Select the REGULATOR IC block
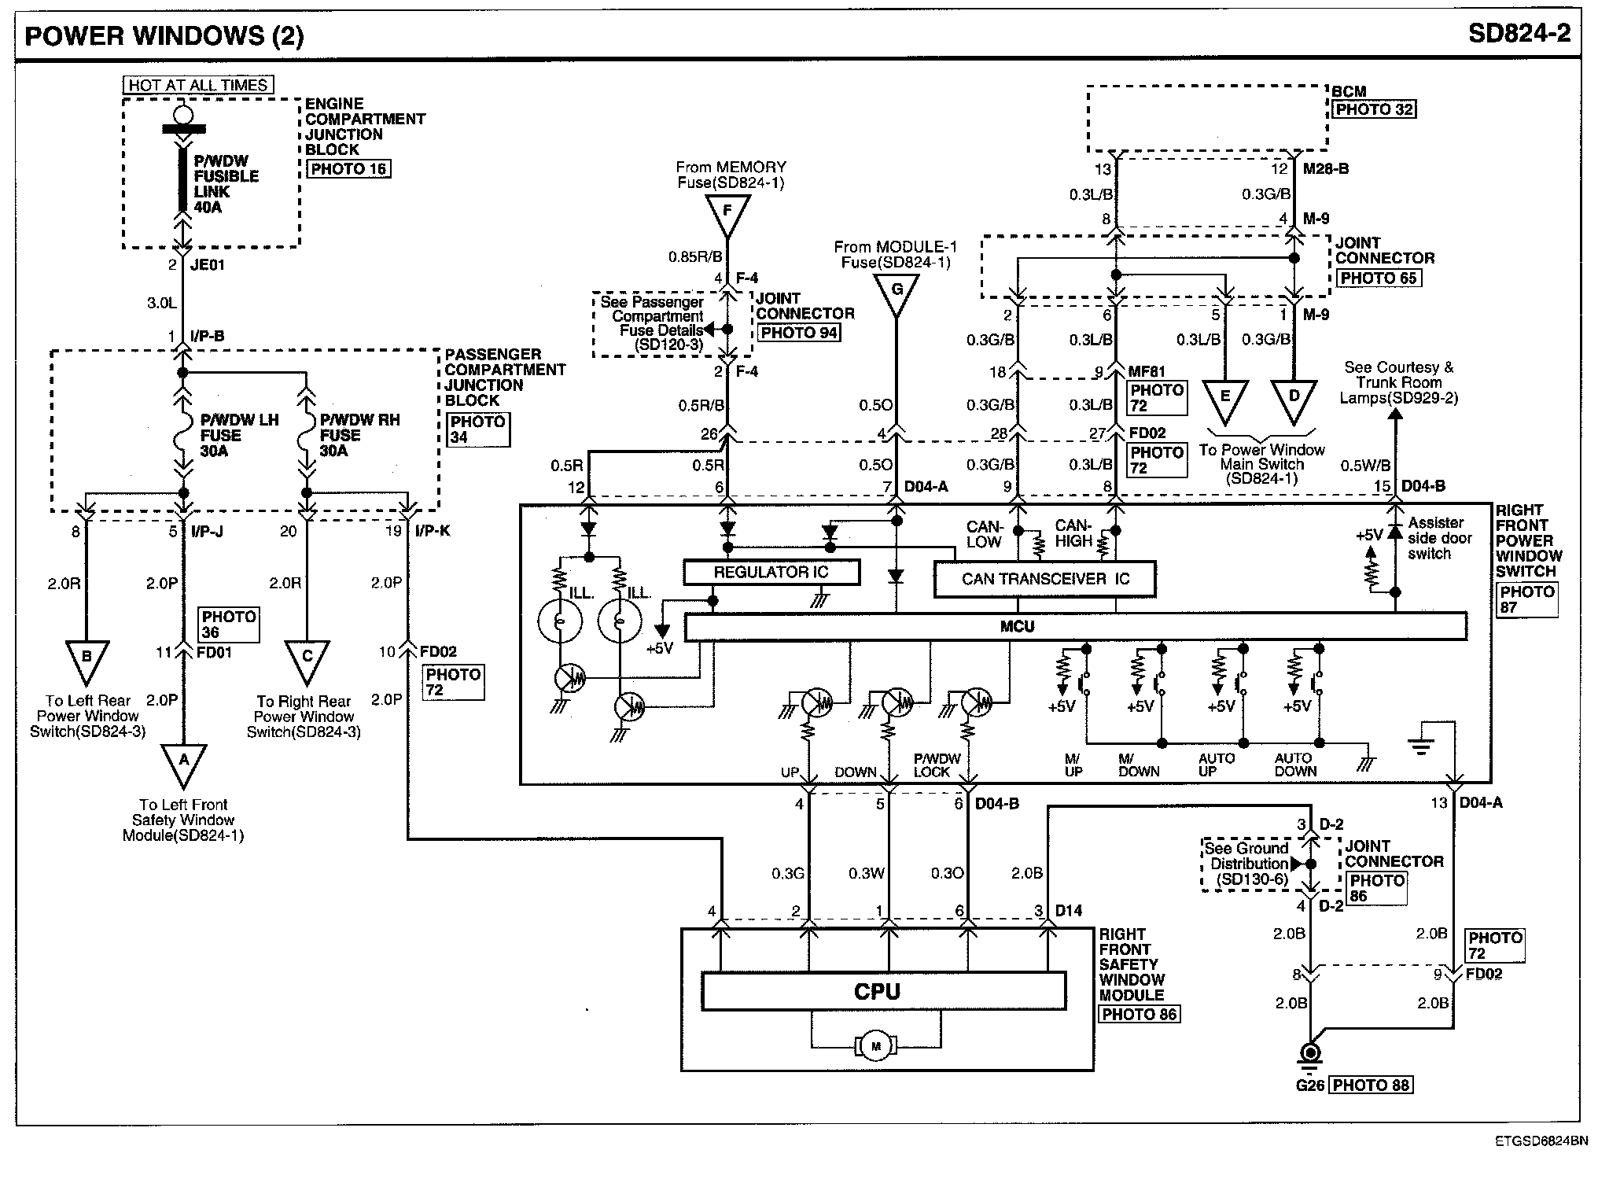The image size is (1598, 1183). tap(771, 572)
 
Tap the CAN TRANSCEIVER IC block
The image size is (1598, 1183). tap(1044, 579)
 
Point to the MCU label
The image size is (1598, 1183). tap(1017, 627)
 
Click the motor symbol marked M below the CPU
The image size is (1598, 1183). tap(876, 1045)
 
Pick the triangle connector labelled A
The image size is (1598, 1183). tap(184, 762)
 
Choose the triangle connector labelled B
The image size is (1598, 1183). tap(87, 659)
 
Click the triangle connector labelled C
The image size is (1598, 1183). tap(307, 659)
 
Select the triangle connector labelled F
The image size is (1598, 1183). tap(727, 212)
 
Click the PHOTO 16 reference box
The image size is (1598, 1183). tap(348, 168)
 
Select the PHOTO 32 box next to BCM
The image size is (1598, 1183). tap(1374, 109)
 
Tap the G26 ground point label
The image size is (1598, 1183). tap(1310, 1085)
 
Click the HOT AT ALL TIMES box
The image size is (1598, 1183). tap(198, 85)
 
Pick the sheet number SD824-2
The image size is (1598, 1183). tap(1519, 34)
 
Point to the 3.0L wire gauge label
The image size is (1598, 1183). tap(161, 302)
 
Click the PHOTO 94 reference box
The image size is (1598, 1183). tap(799, 332)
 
